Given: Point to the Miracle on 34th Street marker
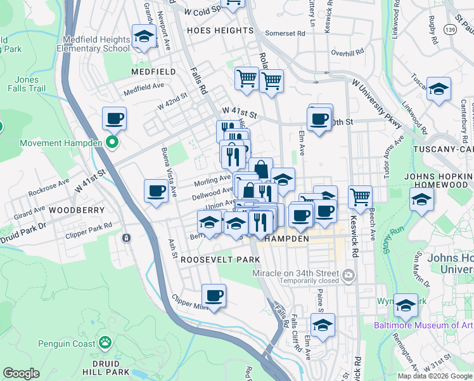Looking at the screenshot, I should (349, 276).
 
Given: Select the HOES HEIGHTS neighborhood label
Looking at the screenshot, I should (220, 30).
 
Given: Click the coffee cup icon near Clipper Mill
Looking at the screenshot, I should (214, 295).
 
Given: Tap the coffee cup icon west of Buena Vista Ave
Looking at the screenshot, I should (157, 190).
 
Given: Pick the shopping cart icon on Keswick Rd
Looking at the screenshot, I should (360, 196).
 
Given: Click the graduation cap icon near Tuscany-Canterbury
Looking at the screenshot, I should (439, 89).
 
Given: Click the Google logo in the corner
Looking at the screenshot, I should (21, 373).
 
